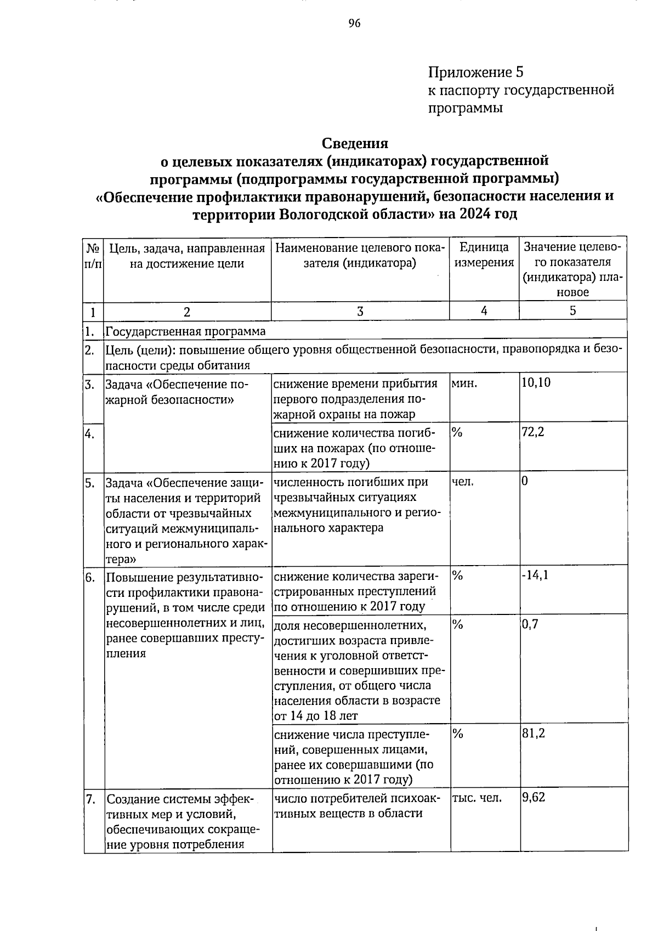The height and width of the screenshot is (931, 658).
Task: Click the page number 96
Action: (354, 23)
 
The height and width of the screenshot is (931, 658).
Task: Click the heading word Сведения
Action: (355, 143)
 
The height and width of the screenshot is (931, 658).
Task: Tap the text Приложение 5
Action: (476, 72)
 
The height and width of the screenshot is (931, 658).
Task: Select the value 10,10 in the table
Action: (536, 382)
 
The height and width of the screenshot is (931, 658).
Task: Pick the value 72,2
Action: (532, 432)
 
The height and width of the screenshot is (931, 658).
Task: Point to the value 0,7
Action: (530, 624)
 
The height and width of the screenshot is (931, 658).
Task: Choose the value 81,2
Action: (533, 733)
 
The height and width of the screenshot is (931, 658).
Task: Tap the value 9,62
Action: (533, 797)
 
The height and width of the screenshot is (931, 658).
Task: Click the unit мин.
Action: (463, 383)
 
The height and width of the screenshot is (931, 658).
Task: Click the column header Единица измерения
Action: (484, 255)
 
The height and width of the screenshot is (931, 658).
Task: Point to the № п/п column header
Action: (93, 256)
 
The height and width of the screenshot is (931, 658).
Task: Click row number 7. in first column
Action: (91, 798)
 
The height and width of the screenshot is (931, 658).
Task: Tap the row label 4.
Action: (90, 434)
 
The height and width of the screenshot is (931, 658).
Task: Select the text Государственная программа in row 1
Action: (185, 331)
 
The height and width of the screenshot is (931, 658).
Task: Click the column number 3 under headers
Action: (360, 311)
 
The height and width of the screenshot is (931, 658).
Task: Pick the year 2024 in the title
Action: (477, 213)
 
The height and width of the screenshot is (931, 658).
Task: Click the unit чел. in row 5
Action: (463, 482)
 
